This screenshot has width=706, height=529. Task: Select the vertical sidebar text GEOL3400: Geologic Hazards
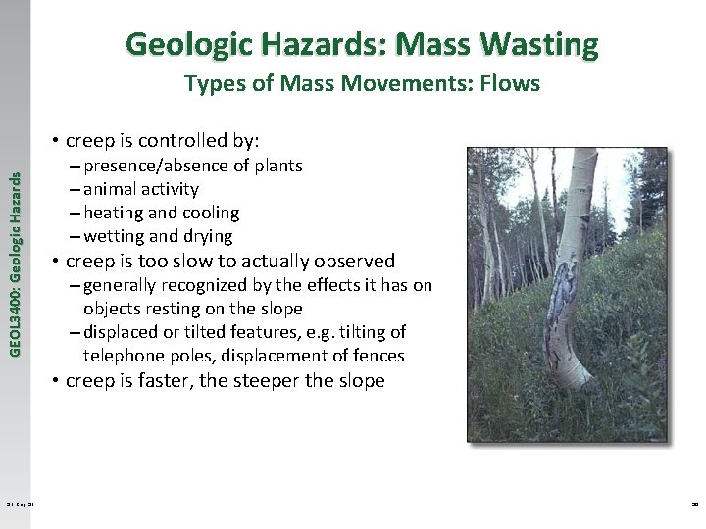point(15,249)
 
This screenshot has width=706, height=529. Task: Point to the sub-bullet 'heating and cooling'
point(161,213)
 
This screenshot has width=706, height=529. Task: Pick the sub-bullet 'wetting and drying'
point(158,236)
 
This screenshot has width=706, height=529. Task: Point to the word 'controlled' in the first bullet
point(167,140)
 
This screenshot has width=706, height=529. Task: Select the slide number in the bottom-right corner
point(689,505)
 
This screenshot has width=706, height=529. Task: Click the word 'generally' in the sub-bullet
point(125,285)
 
